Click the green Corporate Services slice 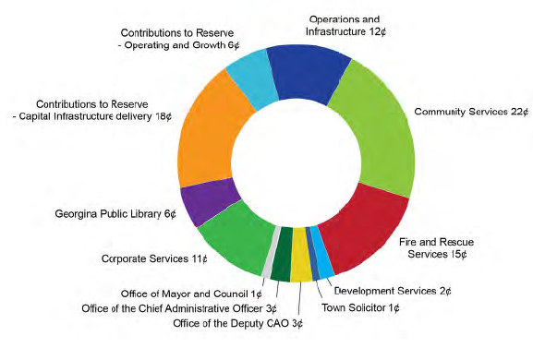[x=232, y=243]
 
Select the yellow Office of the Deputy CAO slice [x=300, y=267]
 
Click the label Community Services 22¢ [x=471, y=112]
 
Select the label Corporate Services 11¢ [x=153, y=258]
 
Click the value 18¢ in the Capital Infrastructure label [x=165, y=116]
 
